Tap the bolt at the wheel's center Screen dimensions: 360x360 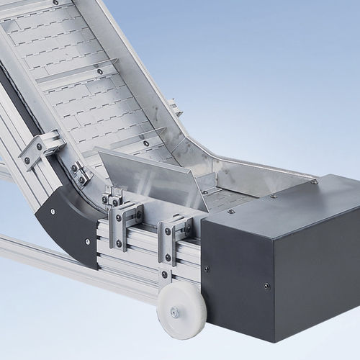coord(175,312)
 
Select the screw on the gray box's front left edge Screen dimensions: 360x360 coord(207,269)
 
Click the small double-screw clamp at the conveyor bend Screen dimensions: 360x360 coord(81,173)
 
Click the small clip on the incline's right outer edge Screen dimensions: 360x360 coord(174,108)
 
